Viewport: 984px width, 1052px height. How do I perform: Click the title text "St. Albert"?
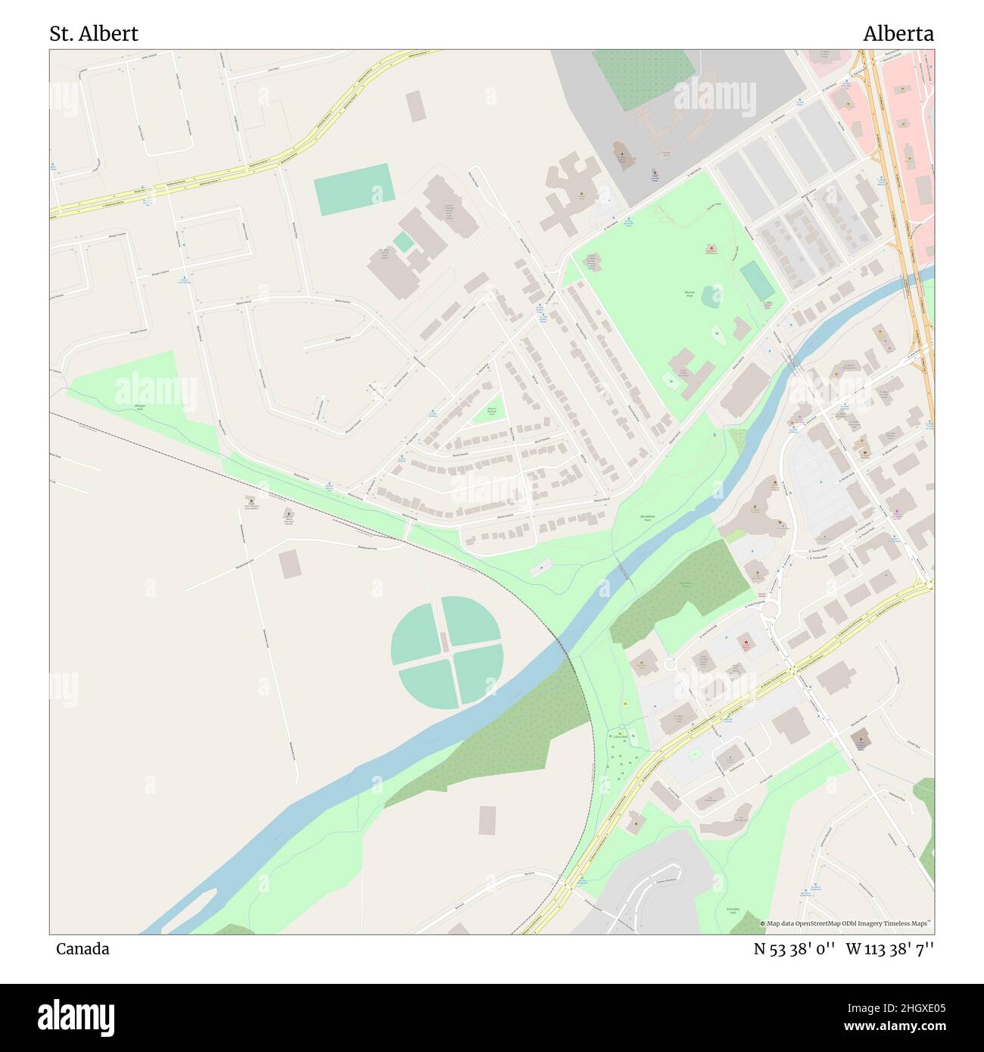click(94, 34)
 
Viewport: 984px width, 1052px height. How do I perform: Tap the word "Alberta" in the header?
click(898, 34)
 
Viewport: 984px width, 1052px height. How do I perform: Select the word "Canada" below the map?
click(83, 949)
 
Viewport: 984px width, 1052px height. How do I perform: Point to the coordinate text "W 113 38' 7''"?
click(889, 949)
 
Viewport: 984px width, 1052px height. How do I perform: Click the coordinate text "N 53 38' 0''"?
click(793, 949)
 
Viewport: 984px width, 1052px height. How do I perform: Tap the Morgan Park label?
click(140, 407)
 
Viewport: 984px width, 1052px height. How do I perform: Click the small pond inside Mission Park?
click(712, 296)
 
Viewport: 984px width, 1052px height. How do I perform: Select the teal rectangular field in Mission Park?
click(757, 280)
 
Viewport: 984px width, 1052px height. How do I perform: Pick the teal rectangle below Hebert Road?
click(354, 189)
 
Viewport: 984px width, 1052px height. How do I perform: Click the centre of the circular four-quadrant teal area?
click(446, 652)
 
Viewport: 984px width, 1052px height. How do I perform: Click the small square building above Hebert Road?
click(416, 106)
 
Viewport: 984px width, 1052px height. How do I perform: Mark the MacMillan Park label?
click(646, 518)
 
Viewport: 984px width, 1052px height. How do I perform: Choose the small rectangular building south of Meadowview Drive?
click(289, 565)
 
